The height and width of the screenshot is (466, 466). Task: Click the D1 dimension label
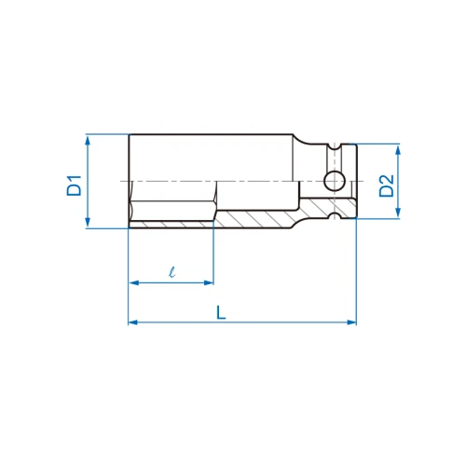(75, 185)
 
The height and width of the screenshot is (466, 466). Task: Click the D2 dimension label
(387, 185)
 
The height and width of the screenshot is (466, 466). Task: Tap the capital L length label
(221, 312)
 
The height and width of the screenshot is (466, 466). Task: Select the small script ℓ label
(171, 271)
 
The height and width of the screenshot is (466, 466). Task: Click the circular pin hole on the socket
(335, 181)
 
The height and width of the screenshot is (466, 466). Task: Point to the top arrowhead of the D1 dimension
(88, 141)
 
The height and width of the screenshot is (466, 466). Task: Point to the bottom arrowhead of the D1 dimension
(88, 222)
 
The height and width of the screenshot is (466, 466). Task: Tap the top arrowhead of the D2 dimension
(398, 150)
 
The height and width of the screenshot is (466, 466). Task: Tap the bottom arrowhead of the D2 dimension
(398, 212)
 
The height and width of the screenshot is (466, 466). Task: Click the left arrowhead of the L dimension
(134, 322)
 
